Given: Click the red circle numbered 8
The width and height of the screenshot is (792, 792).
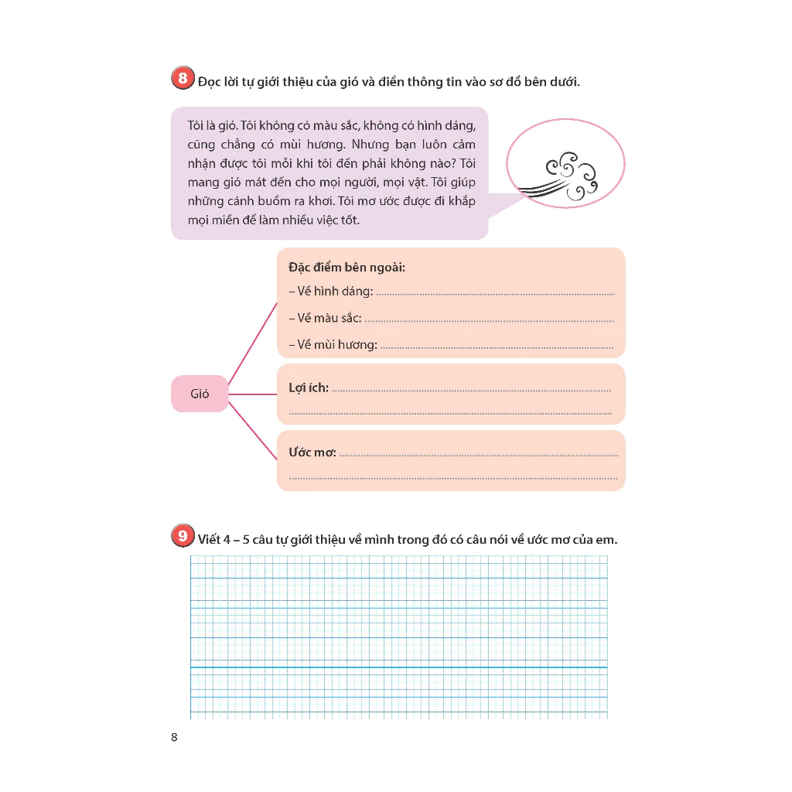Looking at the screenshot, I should click(x=182, y=78).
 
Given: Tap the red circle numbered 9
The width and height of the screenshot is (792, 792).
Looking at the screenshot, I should click(x=182, y=536).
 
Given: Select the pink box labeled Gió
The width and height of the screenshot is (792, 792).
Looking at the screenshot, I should click(x=200, y=394).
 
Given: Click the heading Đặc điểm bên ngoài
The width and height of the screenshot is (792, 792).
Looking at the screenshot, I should click(x=346, y=268).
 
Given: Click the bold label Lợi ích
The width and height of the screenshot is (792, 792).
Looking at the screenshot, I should click(x=309, y=387).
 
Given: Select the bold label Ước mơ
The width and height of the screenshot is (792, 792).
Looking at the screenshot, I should click(x=312, y=452).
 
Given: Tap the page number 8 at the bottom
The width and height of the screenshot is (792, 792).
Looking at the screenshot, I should click(x=174, y=737).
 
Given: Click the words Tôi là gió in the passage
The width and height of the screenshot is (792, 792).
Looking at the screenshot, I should click(x=212, y=125).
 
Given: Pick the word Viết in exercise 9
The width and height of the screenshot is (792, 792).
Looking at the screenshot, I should click(x=209, y=540).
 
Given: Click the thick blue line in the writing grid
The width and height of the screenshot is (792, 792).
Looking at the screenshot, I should click(x=398, y=667).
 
